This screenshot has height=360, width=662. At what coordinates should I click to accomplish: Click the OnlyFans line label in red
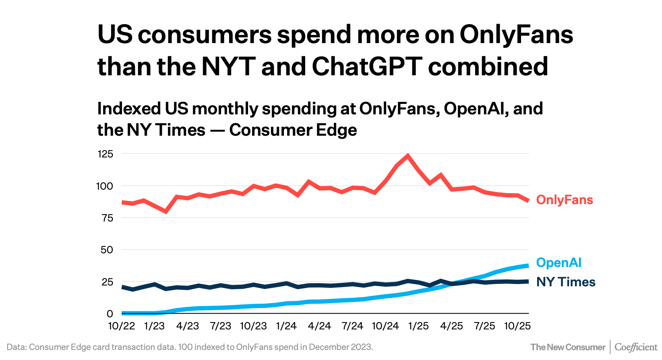(564, 200)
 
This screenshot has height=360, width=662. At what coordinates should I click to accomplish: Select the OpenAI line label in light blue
(559, 263)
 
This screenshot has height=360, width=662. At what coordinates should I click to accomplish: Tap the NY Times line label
(565, 282)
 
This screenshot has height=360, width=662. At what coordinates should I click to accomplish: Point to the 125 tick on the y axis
(105, 154)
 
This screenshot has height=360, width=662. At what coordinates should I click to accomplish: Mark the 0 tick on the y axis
(110, 314)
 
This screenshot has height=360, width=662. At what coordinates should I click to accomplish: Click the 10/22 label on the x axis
(122, 326)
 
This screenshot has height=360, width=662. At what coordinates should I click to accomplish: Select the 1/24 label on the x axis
(286, 326)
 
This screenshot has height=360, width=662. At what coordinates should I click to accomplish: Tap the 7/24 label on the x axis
(352, 326)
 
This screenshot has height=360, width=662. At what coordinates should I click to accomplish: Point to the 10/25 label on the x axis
(517, 326)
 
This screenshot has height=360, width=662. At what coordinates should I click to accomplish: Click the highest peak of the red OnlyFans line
(408, 155)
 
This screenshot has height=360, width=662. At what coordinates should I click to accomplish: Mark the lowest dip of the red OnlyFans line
(165, 211)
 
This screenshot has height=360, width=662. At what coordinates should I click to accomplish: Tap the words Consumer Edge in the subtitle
(293, 130)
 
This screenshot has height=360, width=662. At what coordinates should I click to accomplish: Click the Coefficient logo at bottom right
(636, 347)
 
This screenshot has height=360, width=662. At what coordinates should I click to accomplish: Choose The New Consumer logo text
(568, 347)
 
